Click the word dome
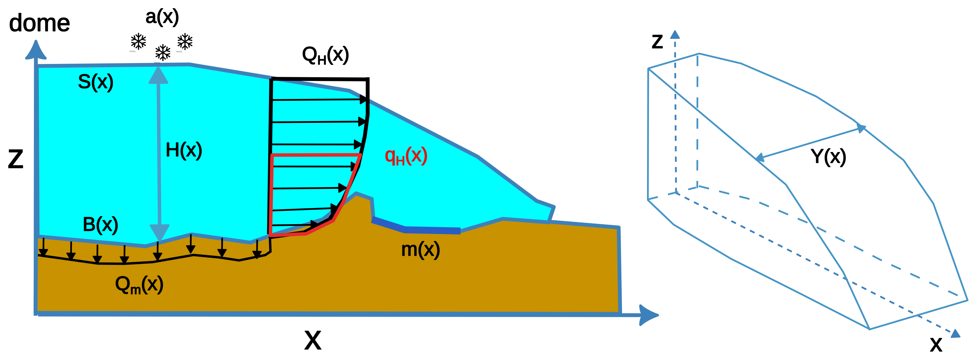pos(39,24)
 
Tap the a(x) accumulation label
pos(162,17)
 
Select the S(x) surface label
pos(95,82)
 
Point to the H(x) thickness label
pos(184,150)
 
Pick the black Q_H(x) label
pos(325,55)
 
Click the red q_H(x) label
pos(406,156)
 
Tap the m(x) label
pos(420,250)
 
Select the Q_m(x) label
pos(139,285)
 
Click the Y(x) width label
pos(828,156)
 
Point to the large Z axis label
pos(16,159)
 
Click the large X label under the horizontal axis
pos(313,340)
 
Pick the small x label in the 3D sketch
pos(936,344)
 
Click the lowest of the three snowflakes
pos(163,53)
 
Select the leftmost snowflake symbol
pos(138,41)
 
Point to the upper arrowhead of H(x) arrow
pos(158,75)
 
